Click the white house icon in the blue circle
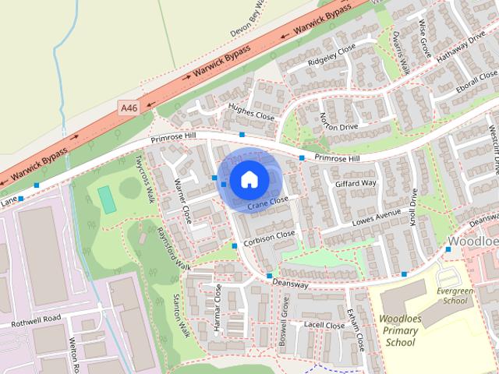click(248, 179)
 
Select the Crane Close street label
click(268, 203)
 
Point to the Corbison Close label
click(270, 237)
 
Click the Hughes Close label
click(252, 112)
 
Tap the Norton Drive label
click(338, 122)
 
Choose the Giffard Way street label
click(356, 184)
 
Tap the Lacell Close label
click(324, 324)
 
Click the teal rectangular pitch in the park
click(107, 198)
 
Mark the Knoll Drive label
click(413, 206)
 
